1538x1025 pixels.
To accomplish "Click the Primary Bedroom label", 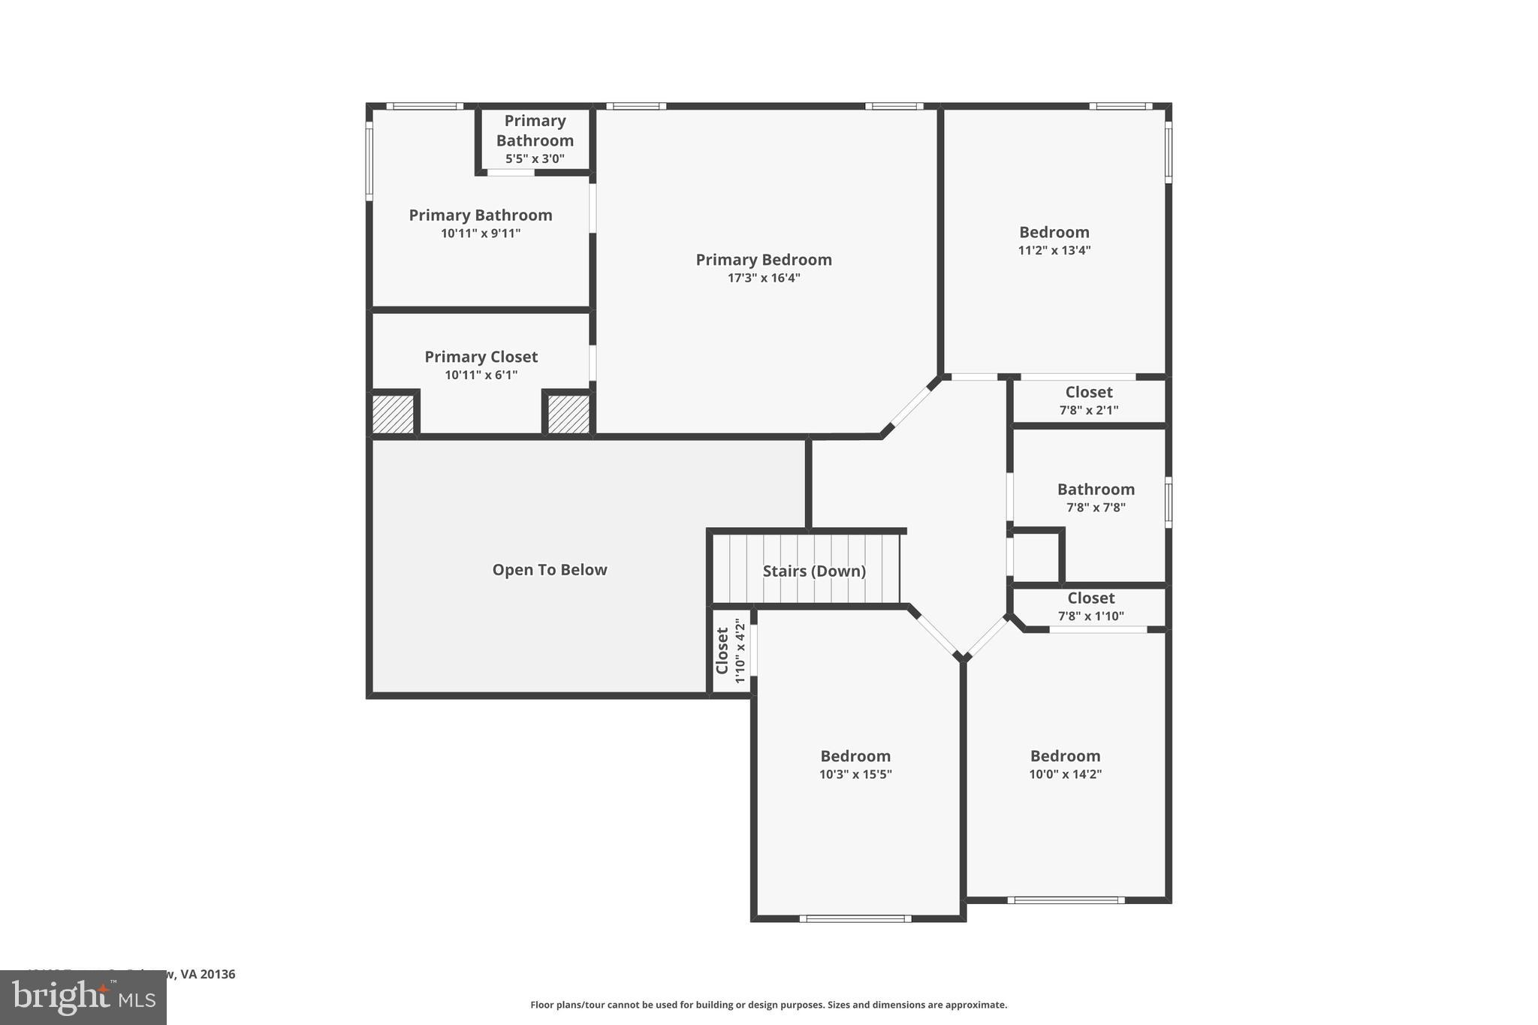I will [763, 260].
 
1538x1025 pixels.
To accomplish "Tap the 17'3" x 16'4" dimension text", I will [763, 278].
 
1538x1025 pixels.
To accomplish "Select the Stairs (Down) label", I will [814, 571].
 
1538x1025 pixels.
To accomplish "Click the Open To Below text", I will [549, 570].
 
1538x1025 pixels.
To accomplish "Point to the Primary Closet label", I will [481, 357].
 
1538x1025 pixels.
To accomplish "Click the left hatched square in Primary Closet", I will [394, 414].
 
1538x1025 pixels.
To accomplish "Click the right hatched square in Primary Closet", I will [568, 414].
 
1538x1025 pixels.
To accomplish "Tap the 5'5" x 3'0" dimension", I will [535, 158].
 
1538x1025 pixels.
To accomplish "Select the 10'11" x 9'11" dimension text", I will [481, 234].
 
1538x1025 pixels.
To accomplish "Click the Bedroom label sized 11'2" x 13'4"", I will [1054, 233].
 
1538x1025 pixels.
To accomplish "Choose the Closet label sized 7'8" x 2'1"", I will [1089, 392].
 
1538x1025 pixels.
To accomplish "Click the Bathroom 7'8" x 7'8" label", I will [1096, 490].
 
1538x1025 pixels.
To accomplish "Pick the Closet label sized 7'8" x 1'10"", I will [1090, 598].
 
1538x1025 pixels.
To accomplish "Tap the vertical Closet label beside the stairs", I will [722, 650].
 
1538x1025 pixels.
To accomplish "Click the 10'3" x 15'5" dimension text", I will [855, 774].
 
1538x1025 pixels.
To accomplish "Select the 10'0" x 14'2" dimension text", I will [1065, 774].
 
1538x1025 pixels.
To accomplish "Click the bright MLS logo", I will [83, 997].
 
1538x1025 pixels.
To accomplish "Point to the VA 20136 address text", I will [207, 974].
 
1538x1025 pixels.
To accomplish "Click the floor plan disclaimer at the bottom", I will [768, 1005].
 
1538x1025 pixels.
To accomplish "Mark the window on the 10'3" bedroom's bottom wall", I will [855, 918].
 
